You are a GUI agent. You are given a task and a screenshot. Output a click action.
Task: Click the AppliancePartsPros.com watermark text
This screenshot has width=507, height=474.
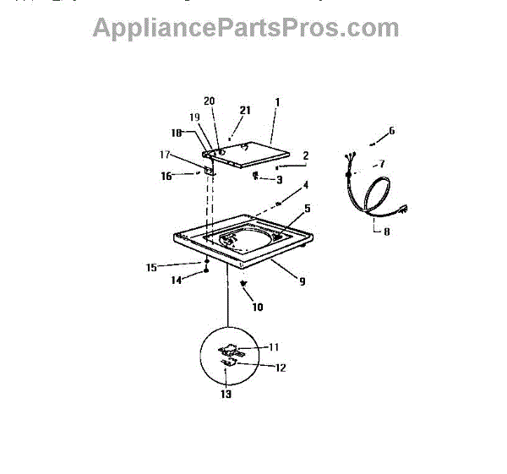pos(245,27)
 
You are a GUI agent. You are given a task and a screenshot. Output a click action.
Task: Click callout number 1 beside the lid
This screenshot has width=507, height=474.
pos(276,102)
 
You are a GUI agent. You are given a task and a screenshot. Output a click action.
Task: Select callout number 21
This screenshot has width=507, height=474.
pos(246,111)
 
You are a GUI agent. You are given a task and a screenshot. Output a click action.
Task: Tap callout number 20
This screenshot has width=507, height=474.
pos(210,101)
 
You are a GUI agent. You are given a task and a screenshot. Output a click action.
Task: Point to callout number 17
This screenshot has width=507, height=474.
pos(166,155)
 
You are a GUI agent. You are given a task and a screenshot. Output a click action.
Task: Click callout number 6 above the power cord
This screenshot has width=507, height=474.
pos(391,131)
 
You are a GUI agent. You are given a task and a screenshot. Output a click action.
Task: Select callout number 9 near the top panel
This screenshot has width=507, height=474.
pos(302,281)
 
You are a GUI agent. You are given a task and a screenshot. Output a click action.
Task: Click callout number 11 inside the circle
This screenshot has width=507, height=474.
pos(275,346)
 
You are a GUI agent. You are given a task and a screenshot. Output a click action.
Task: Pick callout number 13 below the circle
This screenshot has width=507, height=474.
pos(227,394)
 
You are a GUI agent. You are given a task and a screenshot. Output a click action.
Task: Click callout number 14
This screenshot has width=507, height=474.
pos(177,280)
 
